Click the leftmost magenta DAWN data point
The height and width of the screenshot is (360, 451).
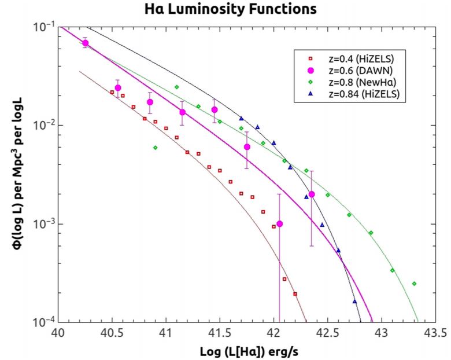click(x=86, y=43)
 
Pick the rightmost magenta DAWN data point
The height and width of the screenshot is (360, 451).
click(x=312, y=194)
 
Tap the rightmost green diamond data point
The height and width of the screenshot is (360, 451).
click(x=414, y=284)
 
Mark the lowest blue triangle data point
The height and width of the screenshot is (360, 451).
click(x=354, y=302)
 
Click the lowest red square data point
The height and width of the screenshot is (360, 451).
click(x=295, y=294)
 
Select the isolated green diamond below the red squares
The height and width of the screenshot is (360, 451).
click(x=155, y=148)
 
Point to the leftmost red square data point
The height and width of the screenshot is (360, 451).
click(x=112, y=92)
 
